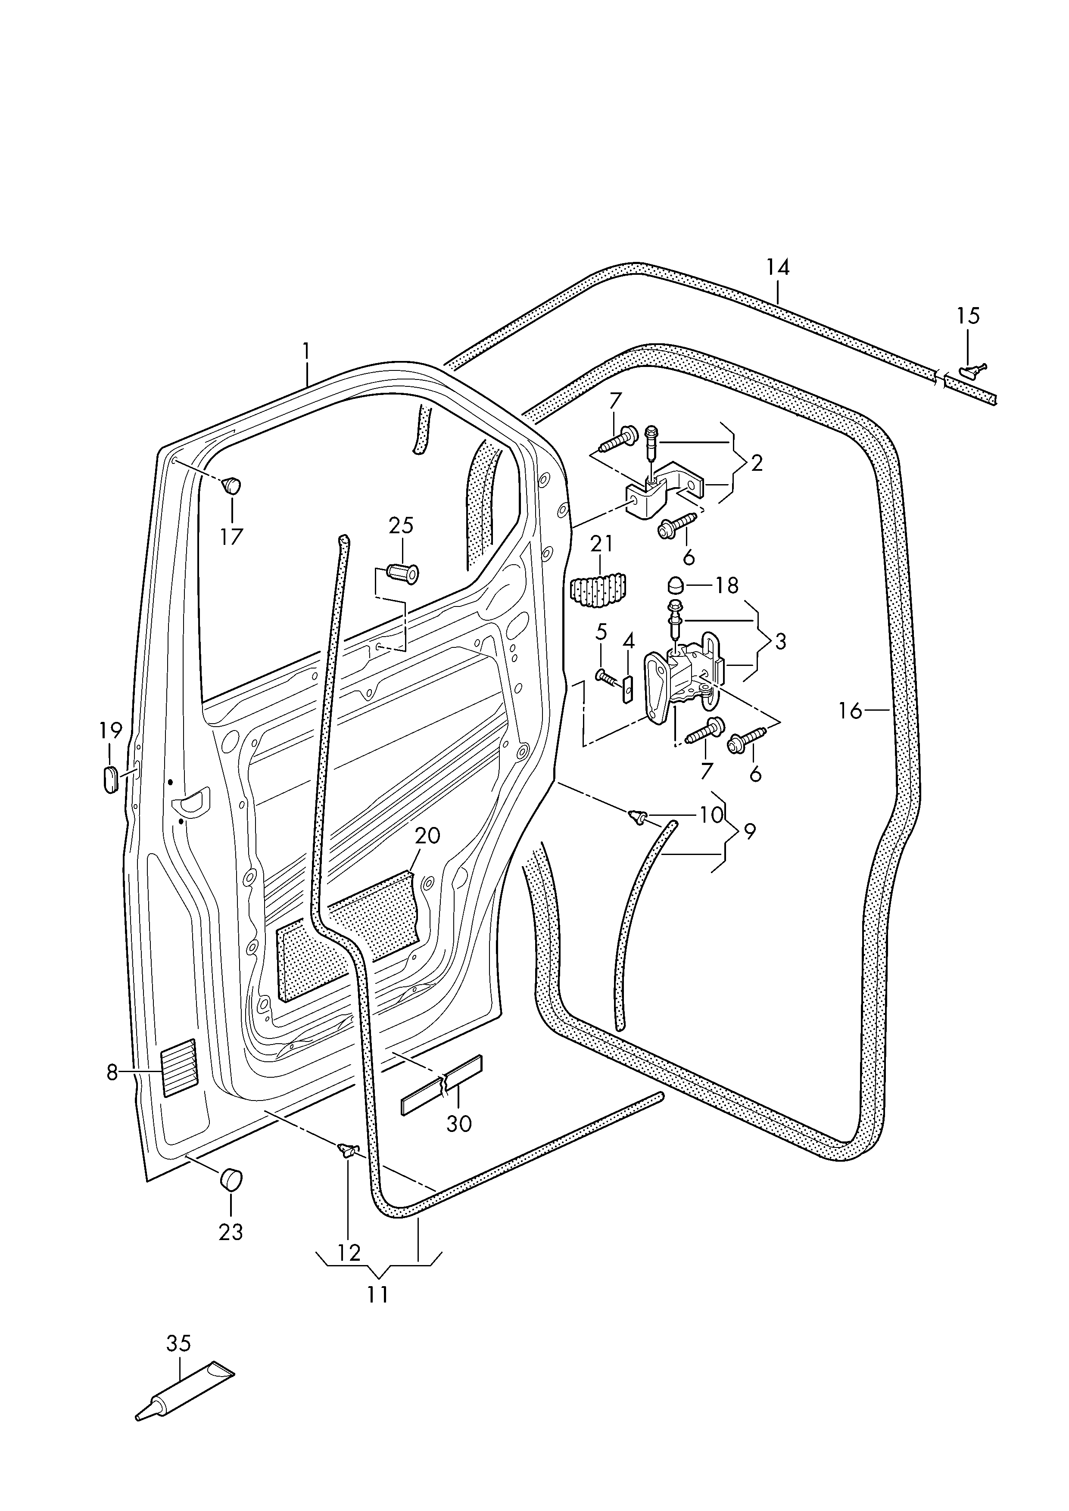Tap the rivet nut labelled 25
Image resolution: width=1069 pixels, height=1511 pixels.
coord(403,574)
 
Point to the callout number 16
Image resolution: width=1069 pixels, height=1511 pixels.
coord(851,711)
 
